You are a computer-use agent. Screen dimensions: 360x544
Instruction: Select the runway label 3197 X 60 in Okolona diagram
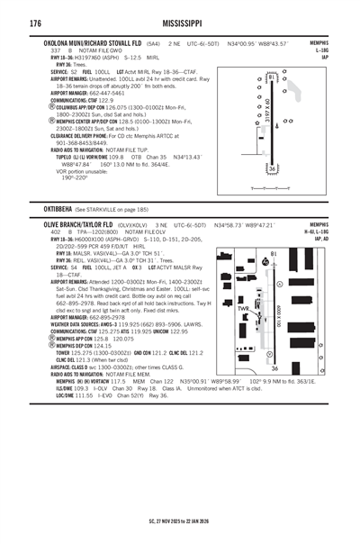click(x=267, y=113)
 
